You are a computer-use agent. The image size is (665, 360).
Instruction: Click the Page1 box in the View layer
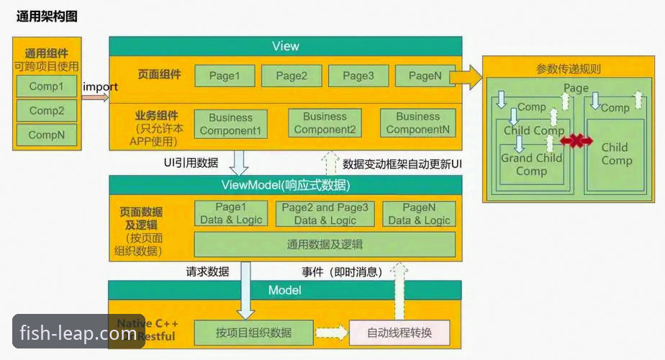pyautogui.click(x=225, y=76)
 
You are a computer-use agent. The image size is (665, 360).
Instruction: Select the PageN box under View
pyautogui.click(x=425, y=76)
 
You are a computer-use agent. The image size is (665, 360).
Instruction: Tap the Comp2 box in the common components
pyautogui.click(x=47, y=111)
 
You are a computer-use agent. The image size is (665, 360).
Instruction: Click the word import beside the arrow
pyautogui.click(x=100, y=87)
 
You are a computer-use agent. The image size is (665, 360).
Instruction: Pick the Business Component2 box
pyautogui.click(x=325, y=123)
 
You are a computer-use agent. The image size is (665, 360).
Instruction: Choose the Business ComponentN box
pyautogui.click(x=417, y=123)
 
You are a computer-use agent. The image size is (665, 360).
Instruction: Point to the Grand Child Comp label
pyautogui.click(x=531, y=165)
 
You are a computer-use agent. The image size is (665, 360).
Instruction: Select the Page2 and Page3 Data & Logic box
pyautogui.click(x=325, y=214)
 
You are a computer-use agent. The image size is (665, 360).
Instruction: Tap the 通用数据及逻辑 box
pyautogui.click(x=325, y=244)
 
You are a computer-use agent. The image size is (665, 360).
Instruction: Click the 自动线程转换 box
pyautogui.click(x=399, y=333)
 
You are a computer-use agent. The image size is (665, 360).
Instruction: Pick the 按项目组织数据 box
pyautogui.click(x=253, y=333)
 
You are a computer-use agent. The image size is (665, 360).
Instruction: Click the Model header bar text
pyautogui.click(x=285, y=290)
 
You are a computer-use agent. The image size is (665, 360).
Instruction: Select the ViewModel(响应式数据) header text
pyautogui.click(x=285, y=186)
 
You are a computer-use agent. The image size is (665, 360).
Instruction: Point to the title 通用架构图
pyautogui.click(x=47, y=16)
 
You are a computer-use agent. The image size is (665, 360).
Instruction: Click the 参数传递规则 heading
pyautogui.click(x=569, y=69)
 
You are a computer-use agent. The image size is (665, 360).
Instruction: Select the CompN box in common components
pyautogui.click(x=47, y=135)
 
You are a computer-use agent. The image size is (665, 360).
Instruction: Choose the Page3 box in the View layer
pyautogui.click(x=358, y=76)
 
